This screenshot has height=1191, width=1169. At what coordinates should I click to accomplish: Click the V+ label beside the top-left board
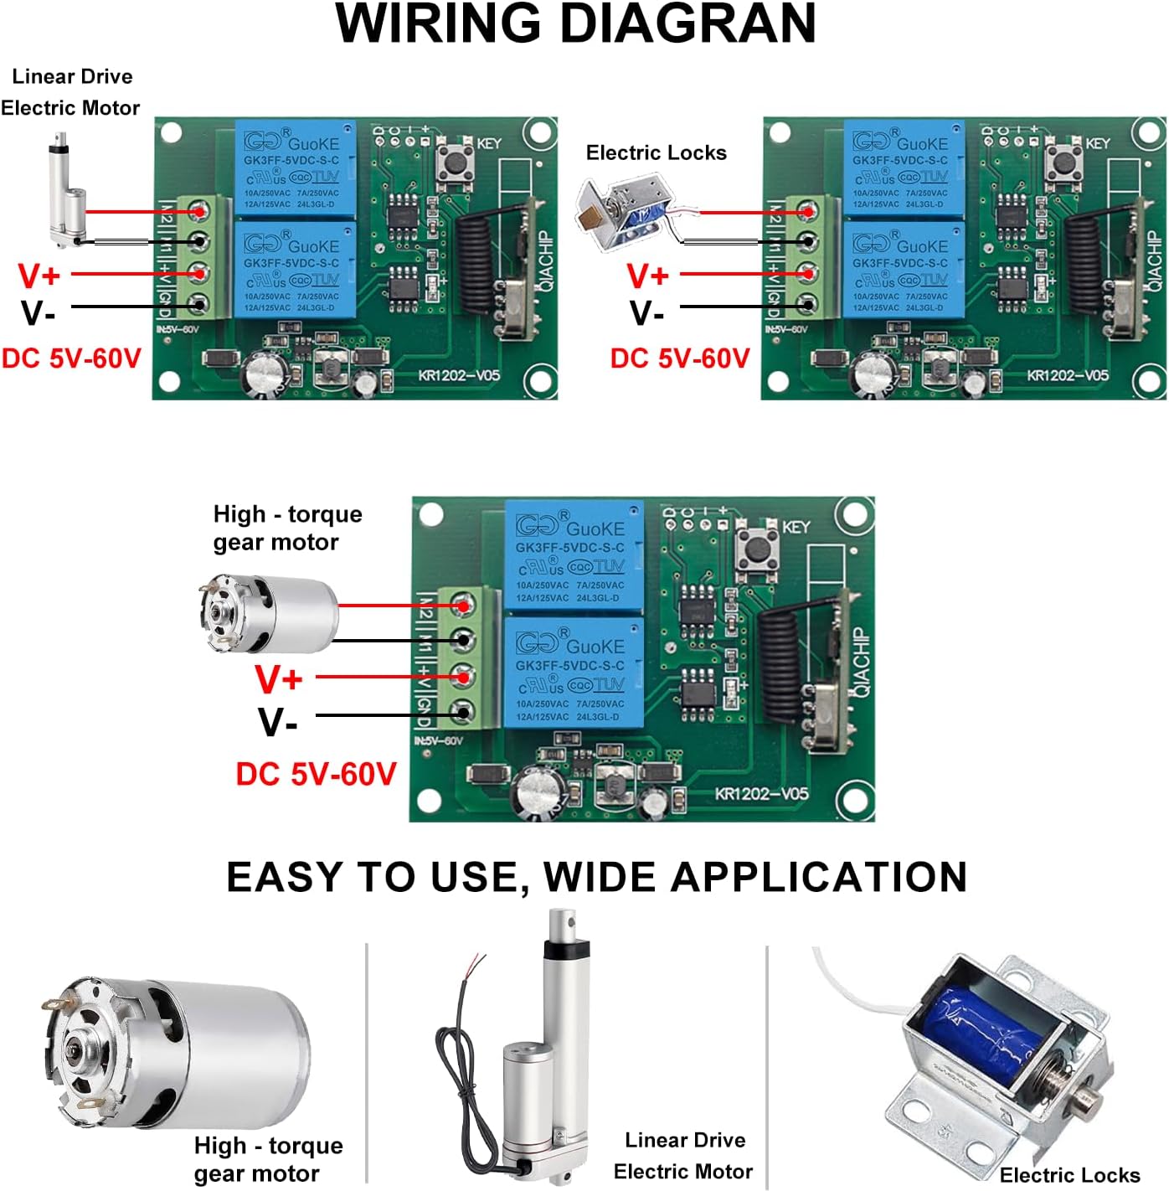[39, 276]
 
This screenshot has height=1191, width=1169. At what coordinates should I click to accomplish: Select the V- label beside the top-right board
[646, 313]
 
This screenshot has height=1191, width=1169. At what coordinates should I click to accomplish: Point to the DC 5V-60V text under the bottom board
[316, 774]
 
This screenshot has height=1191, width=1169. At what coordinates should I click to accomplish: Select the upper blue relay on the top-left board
[296, 168]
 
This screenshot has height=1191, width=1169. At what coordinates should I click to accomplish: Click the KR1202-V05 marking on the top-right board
[1068, 375]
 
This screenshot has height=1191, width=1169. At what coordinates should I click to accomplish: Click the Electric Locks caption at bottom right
[1069, 1174]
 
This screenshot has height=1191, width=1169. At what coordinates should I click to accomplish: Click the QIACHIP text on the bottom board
[863, 662]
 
